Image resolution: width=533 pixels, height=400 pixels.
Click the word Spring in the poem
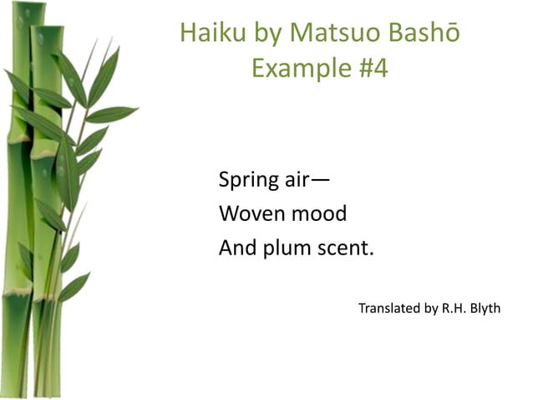246,181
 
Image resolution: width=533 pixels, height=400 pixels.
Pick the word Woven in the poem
251,214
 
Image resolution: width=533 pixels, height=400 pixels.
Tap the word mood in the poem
317,214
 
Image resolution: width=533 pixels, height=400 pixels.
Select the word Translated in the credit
389,309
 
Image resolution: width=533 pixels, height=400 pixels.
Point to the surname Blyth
482,309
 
